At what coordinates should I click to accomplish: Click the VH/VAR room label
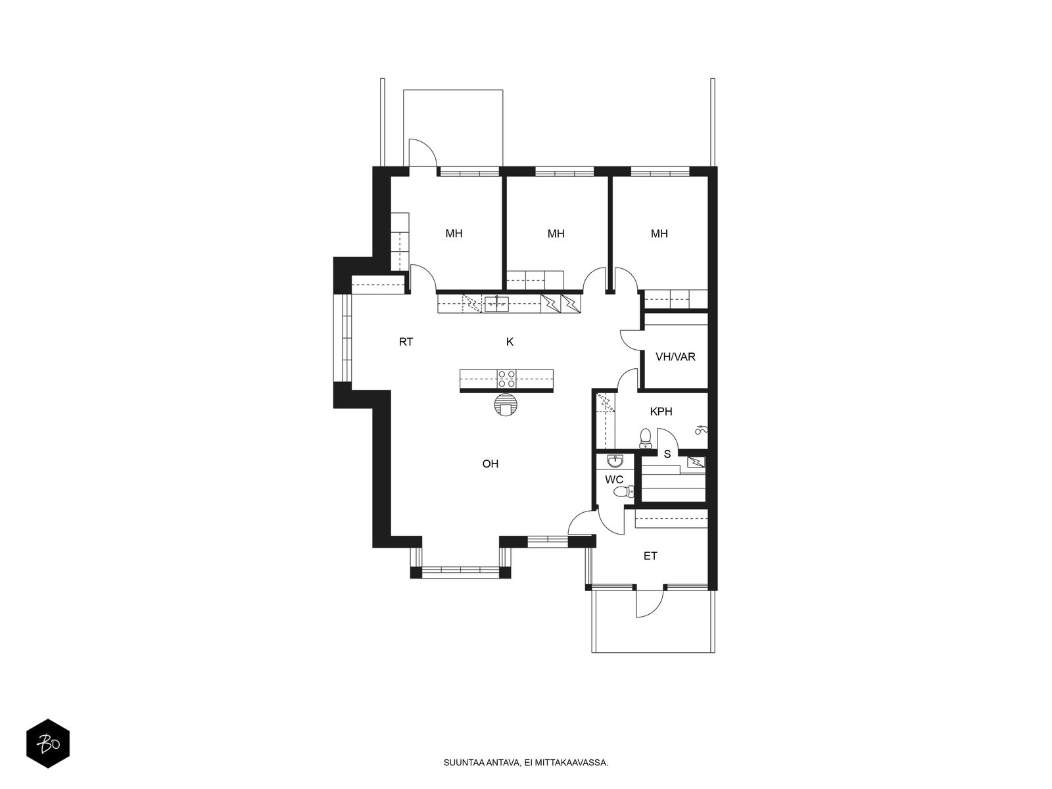(x=675, y=356)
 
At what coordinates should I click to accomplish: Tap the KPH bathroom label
(x=661, y=411)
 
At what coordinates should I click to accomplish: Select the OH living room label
(x=490, y=464)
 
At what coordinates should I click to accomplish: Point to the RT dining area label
(x=406, y=341)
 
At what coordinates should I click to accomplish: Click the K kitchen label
(x=510, y=341)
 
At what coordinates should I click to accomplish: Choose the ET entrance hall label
(x=650, y=556)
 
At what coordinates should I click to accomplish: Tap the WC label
(x=614, y=479)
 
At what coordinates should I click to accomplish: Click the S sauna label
(x=667, y=454)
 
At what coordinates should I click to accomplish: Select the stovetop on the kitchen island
(x=506, y=379)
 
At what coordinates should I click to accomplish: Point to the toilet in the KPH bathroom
(x=645, y=438)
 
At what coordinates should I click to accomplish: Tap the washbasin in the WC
(x=614, y=461)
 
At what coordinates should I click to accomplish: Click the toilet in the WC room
(x=625, y=492)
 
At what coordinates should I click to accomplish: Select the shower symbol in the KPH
(x=701, y=429)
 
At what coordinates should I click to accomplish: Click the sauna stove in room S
(x=696, y=462)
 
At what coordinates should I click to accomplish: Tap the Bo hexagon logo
(x=48, y=744)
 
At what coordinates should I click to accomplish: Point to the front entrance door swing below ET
(x=650, y=602)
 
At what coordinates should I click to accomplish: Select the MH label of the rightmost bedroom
(x=659, y=233)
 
